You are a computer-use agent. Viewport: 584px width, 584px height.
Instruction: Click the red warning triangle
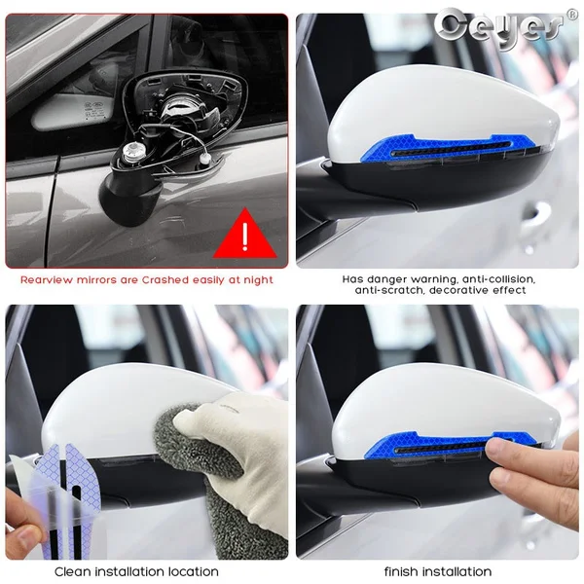pyautogui.click(x=244, y=235)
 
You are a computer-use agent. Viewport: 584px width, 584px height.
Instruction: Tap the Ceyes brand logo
pyautogui.click(x=499, y=27)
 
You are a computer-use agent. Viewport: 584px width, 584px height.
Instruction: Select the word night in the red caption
pyautogui.click(x=258, y=280)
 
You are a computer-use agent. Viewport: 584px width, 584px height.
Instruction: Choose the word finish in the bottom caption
pyautogui.click(x=401, y=571)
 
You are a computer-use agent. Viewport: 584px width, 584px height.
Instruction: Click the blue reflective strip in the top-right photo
pyautogui.click(x=448, y=148)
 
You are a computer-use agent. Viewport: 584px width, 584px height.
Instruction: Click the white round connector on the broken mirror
pyautogui.click(x=130, y=151)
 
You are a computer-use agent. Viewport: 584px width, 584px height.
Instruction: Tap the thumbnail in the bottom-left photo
pyautogui.click(x=23, y=539)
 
